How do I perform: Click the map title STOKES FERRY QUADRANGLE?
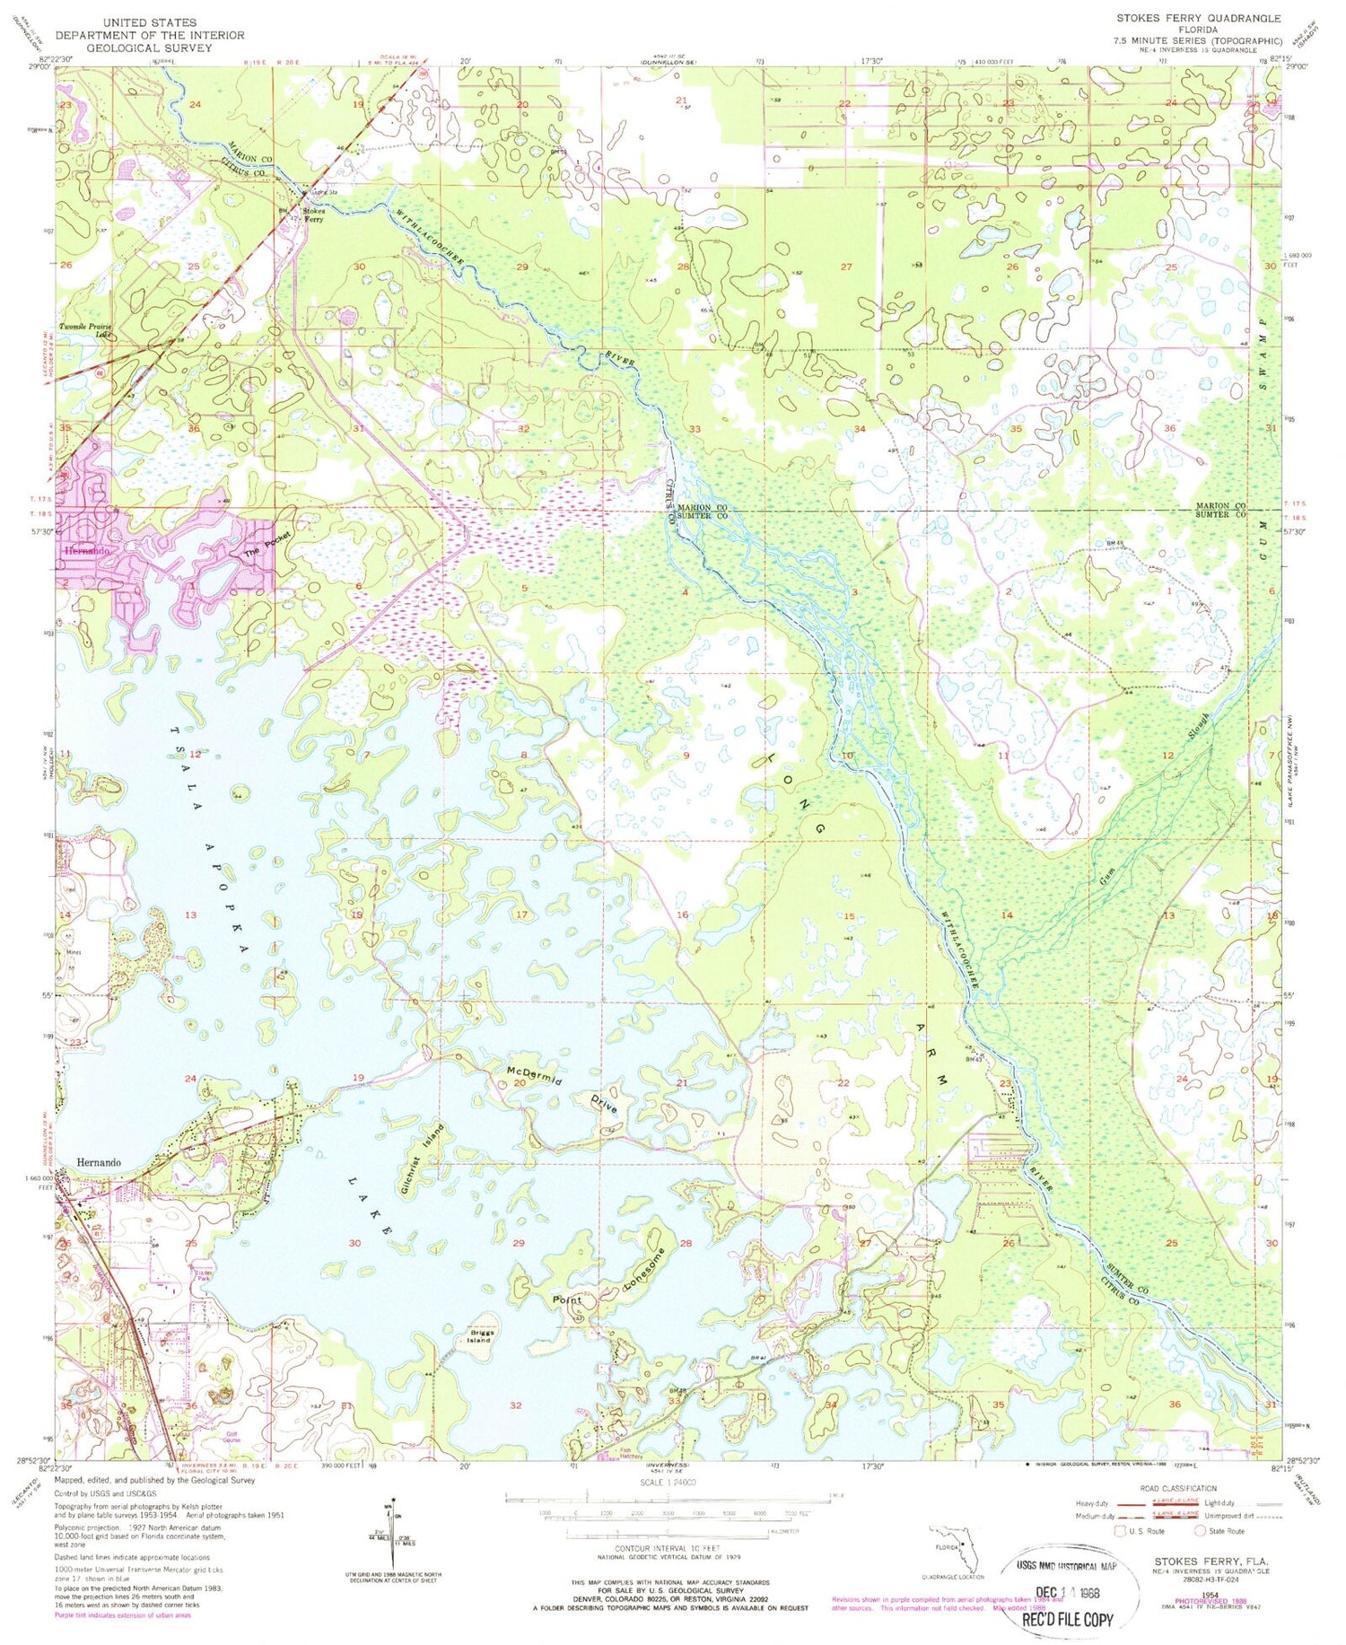[x=1198, y=18]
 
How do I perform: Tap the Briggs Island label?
[x=481, y=1335]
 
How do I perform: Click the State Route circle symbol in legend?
[x=1201, y=1531]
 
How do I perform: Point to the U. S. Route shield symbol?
[x=1120, y=1531]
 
